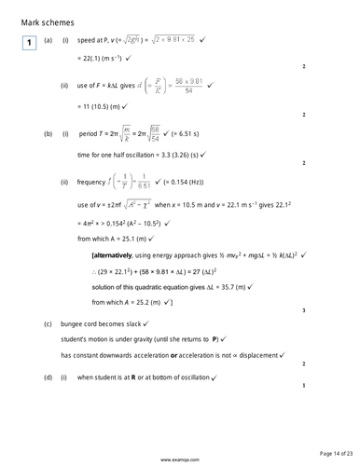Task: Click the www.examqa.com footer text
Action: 179,459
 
